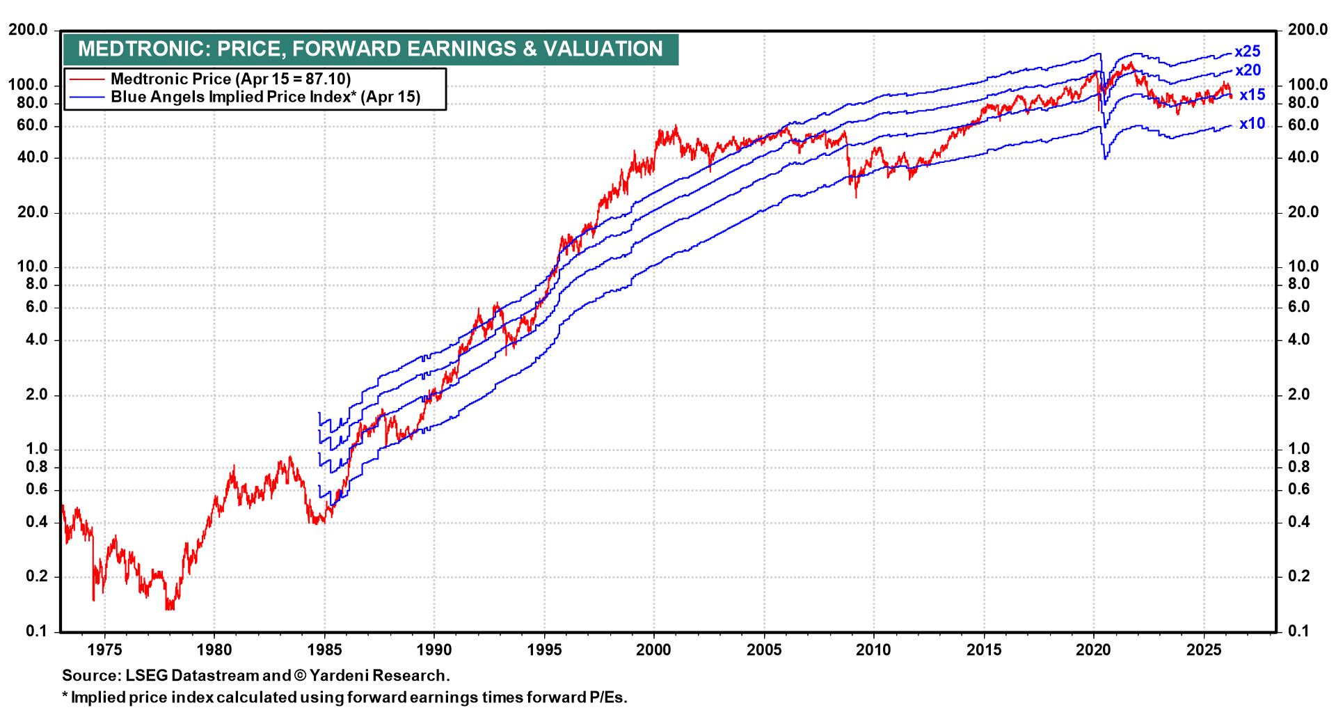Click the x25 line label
pyautogui.click(x=1247, y=52)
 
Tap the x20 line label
pyautogui.click(x=1248, y=70)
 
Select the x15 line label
pyautogui.click(x=1252, y=95)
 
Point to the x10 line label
pyautogui.click(x=1252, y=124)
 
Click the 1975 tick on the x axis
pyautogui.click(x=104, y=650)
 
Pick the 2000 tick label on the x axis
pyautogui.click(x=653, y=650)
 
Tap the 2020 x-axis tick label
pyautogui.click(x=1093, y=650)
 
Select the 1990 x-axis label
pyautogui.click(x=434, y=650)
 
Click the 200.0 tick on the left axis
pyautogui.click(x=28, y=30)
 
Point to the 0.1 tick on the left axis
pyautogui.click(x=36, y=631)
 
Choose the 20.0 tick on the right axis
pyautogui.click(x=1303, y=212)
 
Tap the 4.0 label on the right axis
pyautogui.click(x=1298, y=340)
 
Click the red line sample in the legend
pyautogui.click(x=86, y=79)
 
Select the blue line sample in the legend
pyautogui.click(x=86, y=97)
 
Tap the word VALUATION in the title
pyautogui.click(x=603, y=49)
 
